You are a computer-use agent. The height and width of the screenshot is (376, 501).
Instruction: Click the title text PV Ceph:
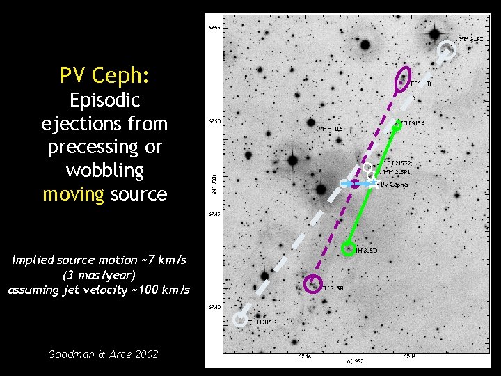tap(104, 75)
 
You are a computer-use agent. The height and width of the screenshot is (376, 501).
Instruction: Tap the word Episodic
tap(104, 100)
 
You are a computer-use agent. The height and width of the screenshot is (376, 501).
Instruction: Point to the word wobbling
tap(104, 171)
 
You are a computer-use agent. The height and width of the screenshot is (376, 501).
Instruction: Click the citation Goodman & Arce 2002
tap(103, 354)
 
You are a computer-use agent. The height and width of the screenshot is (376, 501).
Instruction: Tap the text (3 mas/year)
tap(97, 274)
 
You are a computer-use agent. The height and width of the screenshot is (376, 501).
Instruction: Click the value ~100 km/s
tap(159, 290)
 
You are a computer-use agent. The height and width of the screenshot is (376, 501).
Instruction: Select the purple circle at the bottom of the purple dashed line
tap(313, 283)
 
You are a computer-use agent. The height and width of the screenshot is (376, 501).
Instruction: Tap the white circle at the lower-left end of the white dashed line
tap(240, 320)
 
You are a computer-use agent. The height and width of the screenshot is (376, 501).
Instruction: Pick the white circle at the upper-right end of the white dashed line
tap(447, 50)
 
